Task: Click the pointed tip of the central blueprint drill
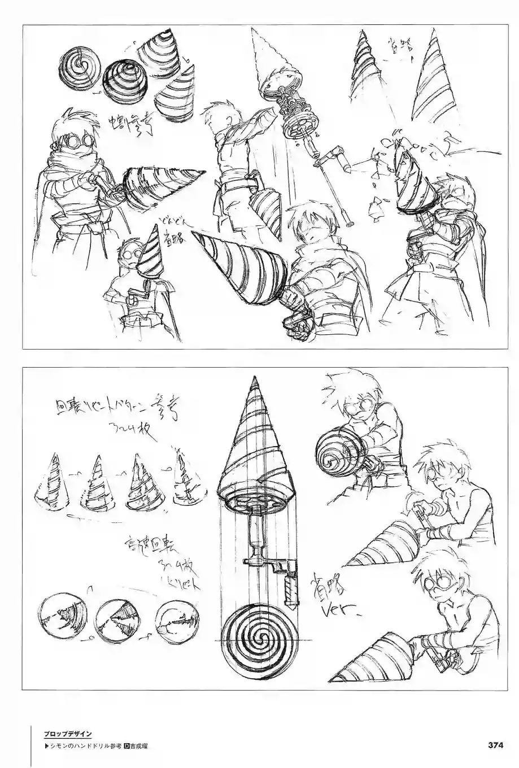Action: pyautogui.click(x=251, y=381)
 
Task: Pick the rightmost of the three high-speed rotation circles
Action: pyautogui.click(x=176, y=621)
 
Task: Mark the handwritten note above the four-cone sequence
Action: pyautogui.click(x=111, y=414)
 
